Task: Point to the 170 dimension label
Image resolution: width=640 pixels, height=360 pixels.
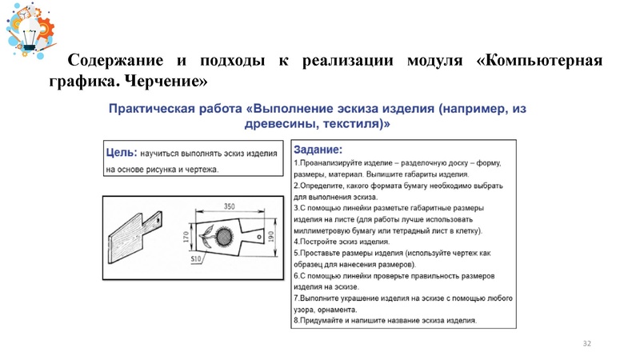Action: tap(186, 238)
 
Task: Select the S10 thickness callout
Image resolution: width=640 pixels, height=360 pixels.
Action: tap(194, 260)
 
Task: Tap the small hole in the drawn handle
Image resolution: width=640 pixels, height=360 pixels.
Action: tap(261, 235)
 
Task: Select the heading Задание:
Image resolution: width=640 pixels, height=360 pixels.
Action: tap(318, 150)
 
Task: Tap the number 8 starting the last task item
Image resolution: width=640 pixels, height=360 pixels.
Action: tap(296, 320)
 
